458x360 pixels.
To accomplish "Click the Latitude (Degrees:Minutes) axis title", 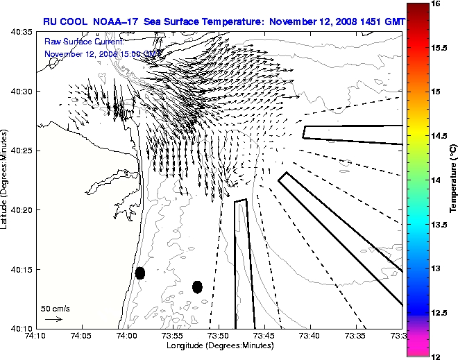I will (5, 180).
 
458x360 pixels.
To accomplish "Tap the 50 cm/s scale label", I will (56, 308).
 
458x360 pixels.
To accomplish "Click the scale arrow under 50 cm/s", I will (53, 319).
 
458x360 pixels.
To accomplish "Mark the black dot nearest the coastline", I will (140, 273).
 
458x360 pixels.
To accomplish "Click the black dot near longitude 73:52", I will (197, 286).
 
